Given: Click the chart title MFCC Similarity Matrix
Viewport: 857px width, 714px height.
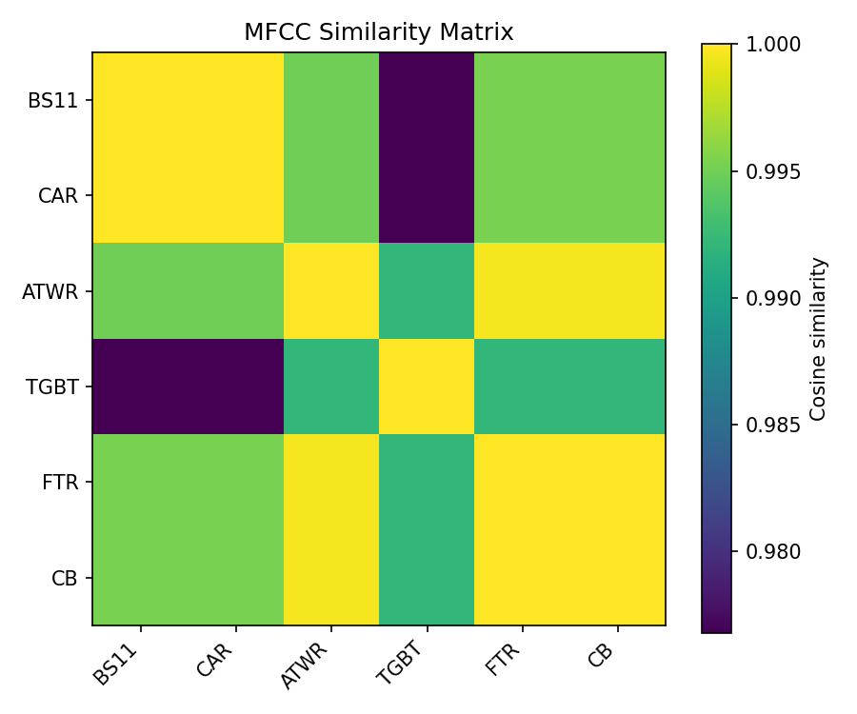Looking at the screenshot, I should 378,32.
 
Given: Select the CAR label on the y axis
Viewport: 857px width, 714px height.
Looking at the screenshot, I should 57,196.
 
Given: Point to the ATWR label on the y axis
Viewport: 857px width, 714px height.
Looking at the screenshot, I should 50,291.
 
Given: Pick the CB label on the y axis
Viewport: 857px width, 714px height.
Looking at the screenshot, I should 64,577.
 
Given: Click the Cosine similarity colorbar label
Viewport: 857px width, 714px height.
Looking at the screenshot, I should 818,338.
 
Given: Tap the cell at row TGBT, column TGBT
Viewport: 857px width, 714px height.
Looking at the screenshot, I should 427,387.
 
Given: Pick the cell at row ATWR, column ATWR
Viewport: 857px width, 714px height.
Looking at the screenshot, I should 330,291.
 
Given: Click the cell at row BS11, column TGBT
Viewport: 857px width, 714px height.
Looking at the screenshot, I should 427,100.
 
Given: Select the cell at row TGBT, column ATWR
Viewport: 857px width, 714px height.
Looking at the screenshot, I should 330,387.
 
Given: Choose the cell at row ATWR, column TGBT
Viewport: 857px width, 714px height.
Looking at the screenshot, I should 427,291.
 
